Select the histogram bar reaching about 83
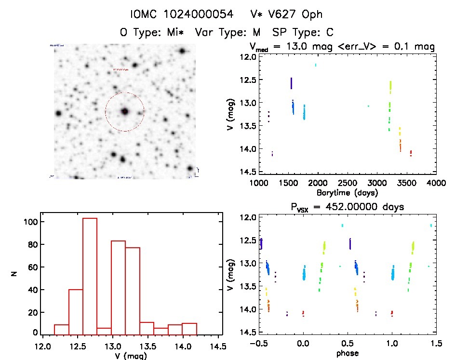pyautogui.click(x=119, y=287)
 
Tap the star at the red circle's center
pyautogui.click(x=125, y=111)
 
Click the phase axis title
pyautogui.click(x=348, y=353)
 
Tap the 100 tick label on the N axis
pyautogui.click(x=31, y=222)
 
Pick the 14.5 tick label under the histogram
pyautogui.click(x=221, y=347)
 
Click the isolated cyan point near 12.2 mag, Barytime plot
pyautogui.click(x=316, y=65)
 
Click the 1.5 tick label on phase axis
pyautogui.click(x=436, y=344)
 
